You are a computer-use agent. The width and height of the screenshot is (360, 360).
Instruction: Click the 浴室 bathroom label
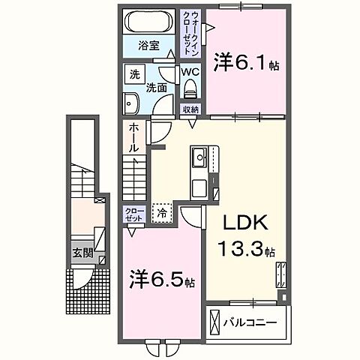click(148, 44)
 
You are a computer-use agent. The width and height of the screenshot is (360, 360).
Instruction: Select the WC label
click(190, 73)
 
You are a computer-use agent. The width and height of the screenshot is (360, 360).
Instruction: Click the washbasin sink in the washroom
click(133, 103)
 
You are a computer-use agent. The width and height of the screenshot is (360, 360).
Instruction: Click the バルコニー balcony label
click(250, 323)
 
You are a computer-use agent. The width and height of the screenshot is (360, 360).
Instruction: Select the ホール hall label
click(134, 138)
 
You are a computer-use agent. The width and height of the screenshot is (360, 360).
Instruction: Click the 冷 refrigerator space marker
click(162, 214)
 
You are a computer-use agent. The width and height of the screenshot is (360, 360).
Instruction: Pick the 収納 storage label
click(190, 109)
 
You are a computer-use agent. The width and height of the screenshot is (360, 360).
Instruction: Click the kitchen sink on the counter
click(200, 158)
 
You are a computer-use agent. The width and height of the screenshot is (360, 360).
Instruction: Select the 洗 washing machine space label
click(134, 75)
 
